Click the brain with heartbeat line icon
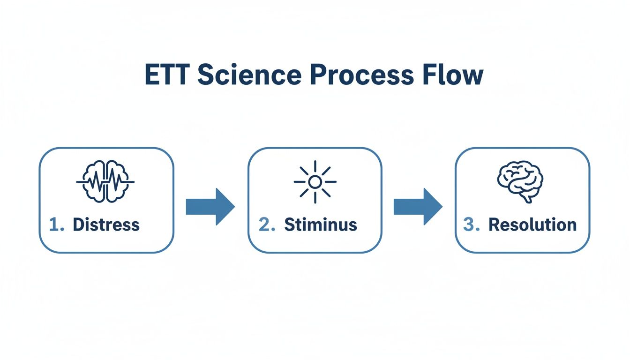point(106,181)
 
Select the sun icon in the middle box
point(315,182)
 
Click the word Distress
point(106,225)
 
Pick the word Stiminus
point(321,225)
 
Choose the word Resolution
point(532,225)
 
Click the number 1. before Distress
point(57,225)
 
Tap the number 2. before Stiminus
point(267,225)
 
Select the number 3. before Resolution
point(472,225)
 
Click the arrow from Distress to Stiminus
point(210,207)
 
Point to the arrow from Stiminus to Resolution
point(418,207)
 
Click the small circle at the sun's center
point(315,182)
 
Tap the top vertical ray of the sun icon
point(315,167)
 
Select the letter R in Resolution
point(494,225)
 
